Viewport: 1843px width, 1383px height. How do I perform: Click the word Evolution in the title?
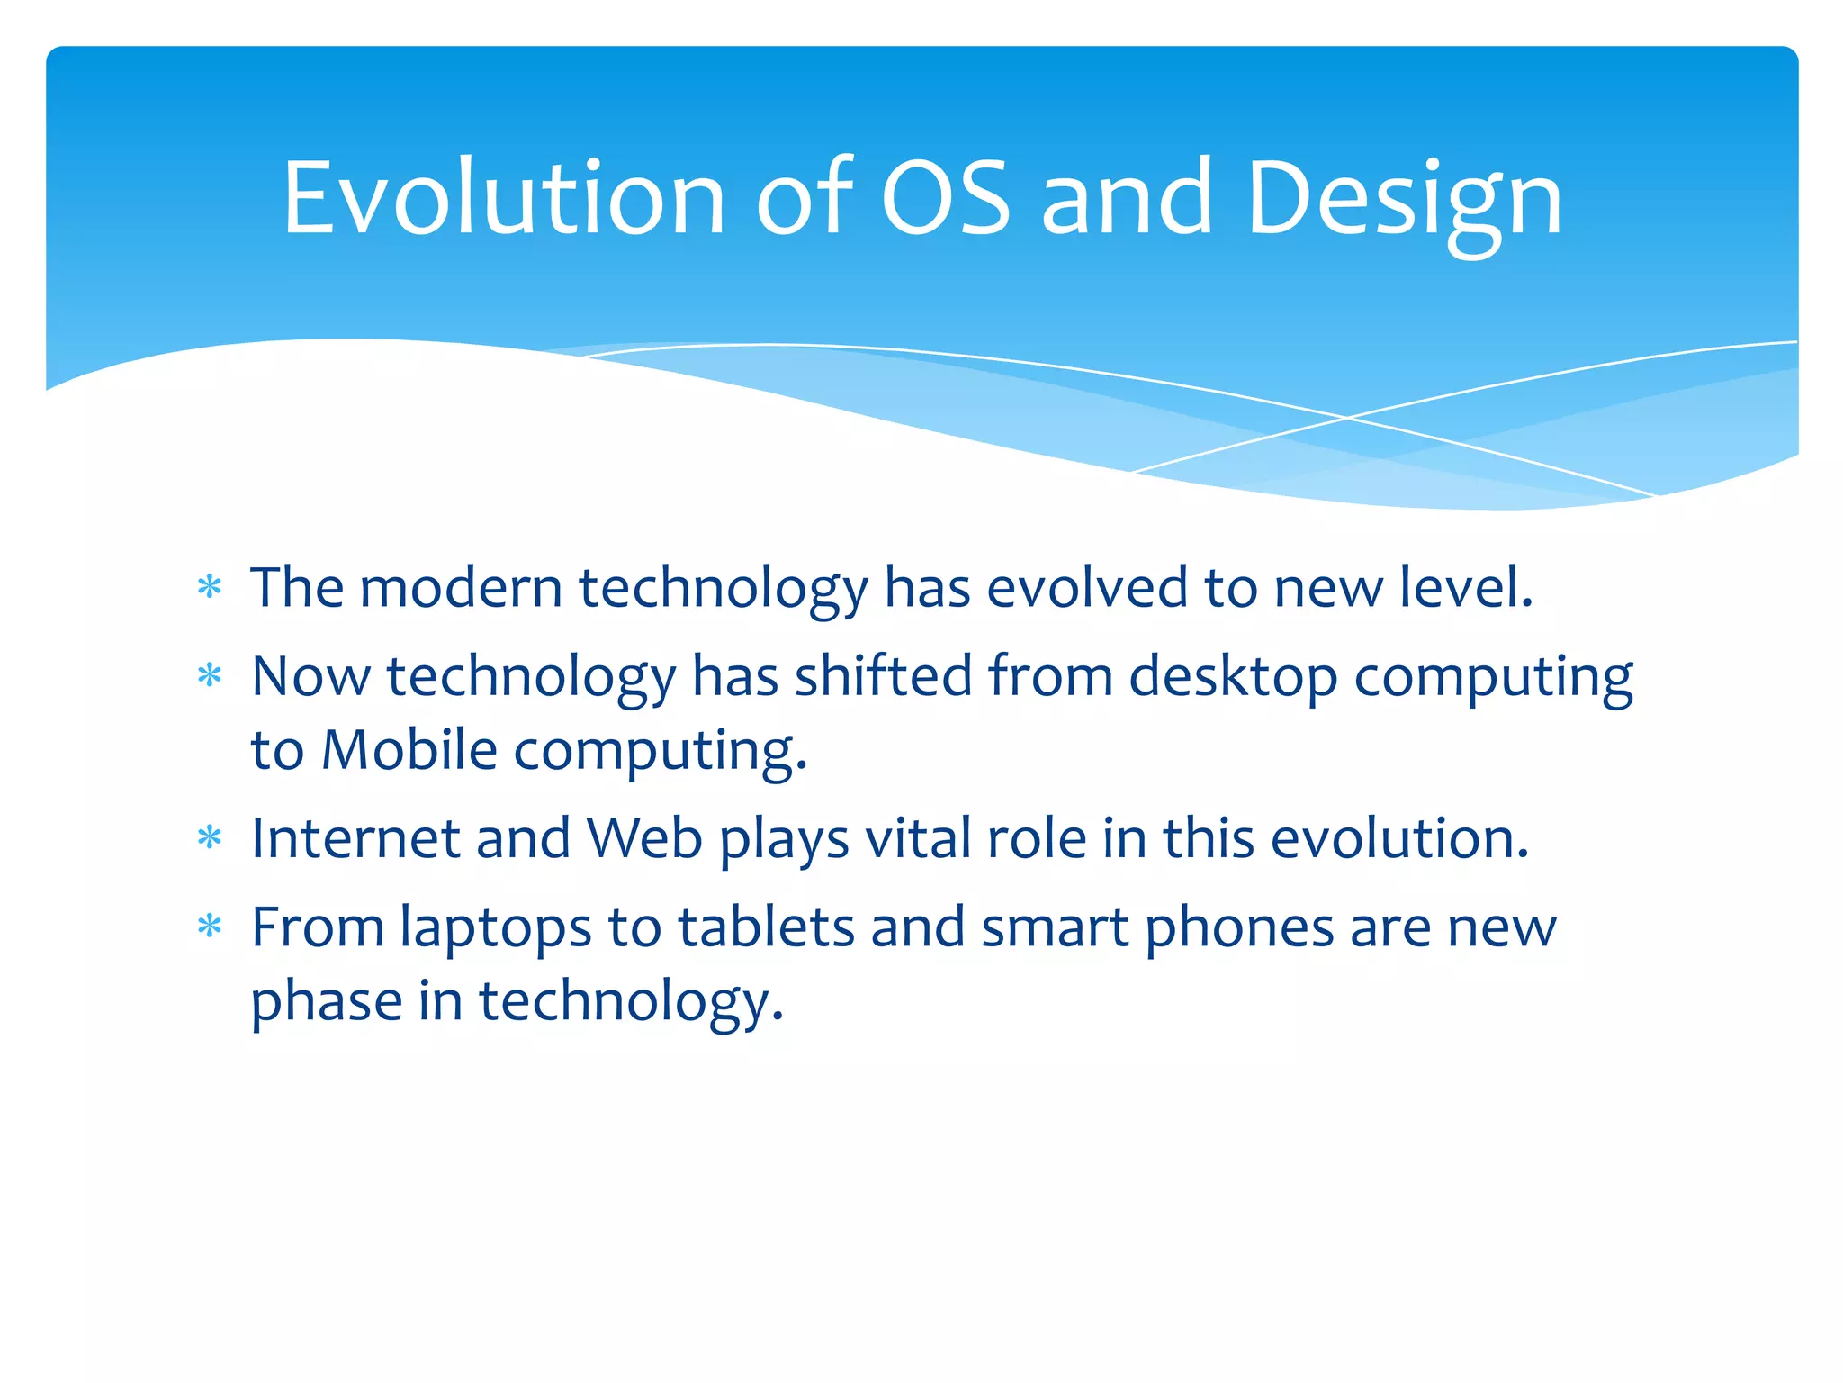[x=504, y=198]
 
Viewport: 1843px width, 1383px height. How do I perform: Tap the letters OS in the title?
[x=945, y=198]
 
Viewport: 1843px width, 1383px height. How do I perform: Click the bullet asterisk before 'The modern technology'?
[x=210, y=588]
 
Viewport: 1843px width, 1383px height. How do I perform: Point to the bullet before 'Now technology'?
[x=210, y=676]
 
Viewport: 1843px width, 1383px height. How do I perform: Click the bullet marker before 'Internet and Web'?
[x=210, y=838]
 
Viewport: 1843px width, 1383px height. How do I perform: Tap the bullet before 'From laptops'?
[x=210, y=927]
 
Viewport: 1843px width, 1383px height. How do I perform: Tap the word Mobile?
[x=409, y=750]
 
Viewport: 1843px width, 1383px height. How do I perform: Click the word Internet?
[x=355, y=838]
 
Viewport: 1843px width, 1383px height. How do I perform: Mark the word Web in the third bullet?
[x=644, y=838]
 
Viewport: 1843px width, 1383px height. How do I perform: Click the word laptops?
[x=496, y=930]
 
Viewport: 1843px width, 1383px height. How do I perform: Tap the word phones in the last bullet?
[x=1239, y=930]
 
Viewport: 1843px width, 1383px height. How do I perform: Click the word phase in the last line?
[x=326, y=1002]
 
